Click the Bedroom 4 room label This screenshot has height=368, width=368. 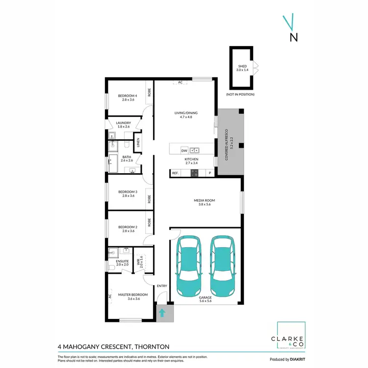128,97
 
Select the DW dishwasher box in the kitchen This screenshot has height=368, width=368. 184,150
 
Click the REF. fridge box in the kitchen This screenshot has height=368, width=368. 175,173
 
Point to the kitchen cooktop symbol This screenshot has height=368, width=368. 194,173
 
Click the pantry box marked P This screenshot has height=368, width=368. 210,173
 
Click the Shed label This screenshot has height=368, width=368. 242,68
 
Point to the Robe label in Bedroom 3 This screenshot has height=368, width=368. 148,199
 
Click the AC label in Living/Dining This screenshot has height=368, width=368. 180,82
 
